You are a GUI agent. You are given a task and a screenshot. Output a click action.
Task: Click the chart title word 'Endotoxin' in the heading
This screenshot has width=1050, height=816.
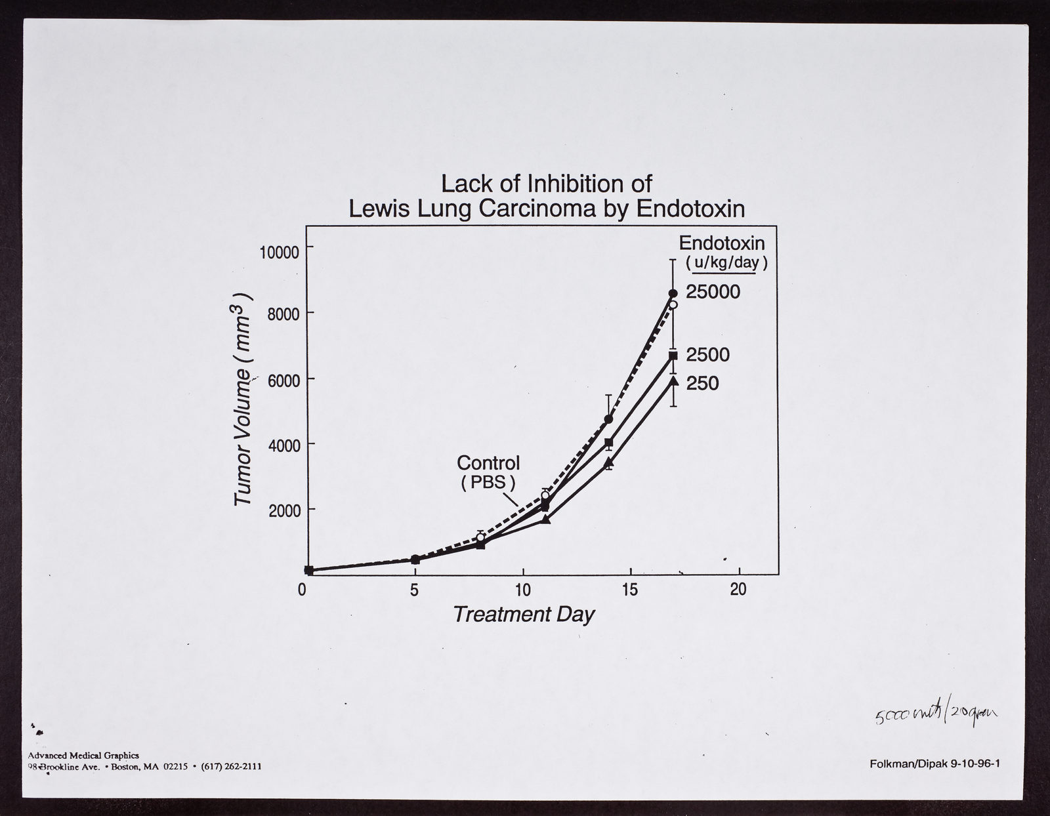pos(691,209)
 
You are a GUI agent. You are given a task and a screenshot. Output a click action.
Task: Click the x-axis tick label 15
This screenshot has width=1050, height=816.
pos(629,590)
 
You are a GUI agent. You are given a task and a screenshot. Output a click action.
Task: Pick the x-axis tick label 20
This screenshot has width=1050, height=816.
pos(738,590)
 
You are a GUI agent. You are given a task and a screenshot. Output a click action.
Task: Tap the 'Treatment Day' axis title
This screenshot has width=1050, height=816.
pos(524,615)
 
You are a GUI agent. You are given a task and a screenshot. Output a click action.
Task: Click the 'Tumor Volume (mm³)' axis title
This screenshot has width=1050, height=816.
pos(244,398)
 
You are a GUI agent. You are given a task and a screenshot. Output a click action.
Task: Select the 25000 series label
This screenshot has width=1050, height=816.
pos(713,292)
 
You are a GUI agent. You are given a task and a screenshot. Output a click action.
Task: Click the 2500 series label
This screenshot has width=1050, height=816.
pos(707,355)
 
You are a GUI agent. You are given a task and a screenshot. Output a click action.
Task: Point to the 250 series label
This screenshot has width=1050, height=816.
pos(702,383)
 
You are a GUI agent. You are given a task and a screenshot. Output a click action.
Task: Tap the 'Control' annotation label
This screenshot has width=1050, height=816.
pos(488,463)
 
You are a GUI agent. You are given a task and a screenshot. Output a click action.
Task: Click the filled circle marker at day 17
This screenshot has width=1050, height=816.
pos(673,293)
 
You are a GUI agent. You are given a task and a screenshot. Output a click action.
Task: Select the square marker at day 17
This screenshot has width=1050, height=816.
pos(673,356)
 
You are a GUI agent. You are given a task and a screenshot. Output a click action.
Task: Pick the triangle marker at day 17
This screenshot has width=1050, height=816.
pos(673,380)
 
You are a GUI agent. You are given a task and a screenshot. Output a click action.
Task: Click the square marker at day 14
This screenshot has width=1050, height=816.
pos(608,443)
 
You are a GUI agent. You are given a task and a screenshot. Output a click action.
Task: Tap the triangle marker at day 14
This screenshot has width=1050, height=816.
pos(608,462)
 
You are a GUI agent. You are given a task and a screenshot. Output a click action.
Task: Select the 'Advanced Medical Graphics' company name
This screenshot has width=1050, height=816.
pos(83,756)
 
